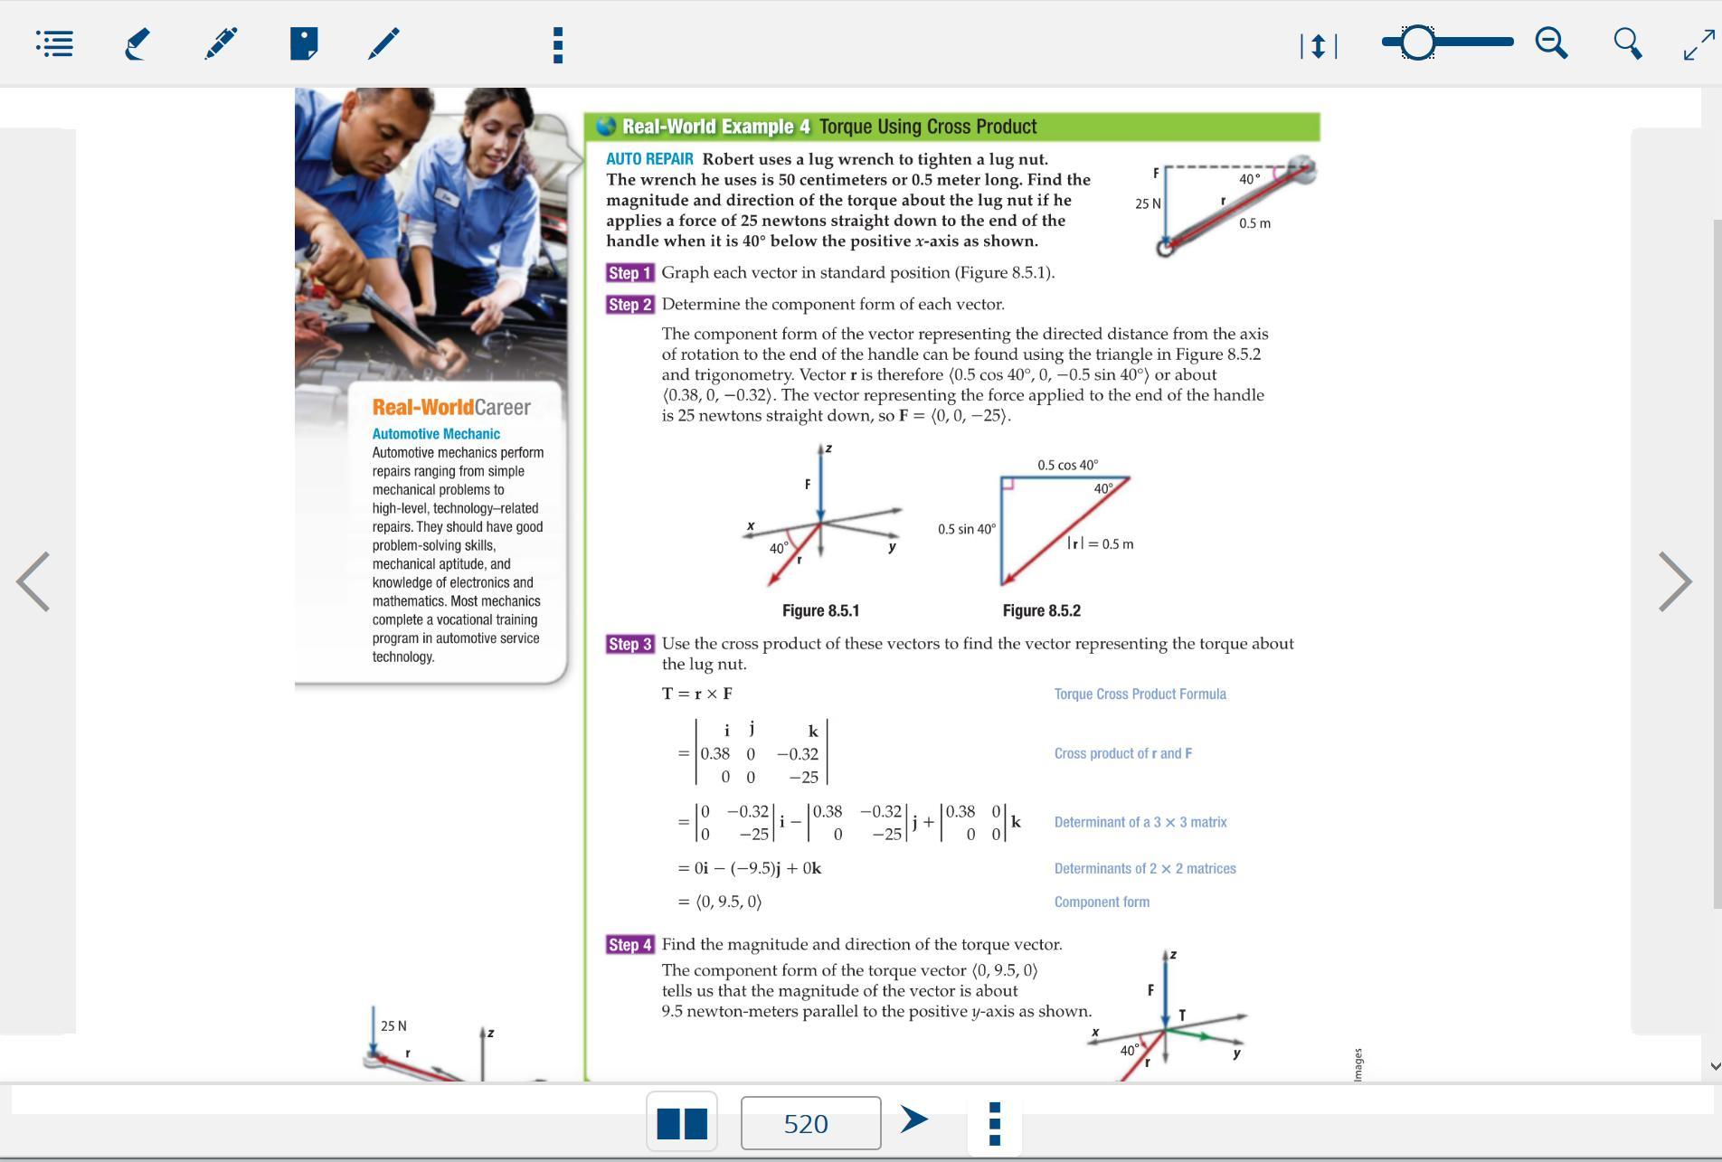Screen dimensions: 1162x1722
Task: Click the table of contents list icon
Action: (x=55, y=43)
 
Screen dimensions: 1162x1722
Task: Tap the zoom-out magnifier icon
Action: (x=1551, y=43)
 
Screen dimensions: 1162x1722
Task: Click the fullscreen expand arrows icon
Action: (x=1698, y=43)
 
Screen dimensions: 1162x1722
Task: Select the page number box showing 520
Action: (x=809, y=1123)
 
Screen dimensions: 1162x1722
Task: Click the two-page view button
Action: (x=682, y=1122)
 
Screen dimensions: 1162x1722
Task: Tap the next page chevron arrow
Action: (x=1674, y=581)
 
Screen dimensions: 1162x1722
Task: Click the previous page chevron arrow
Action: (x=33, y=581)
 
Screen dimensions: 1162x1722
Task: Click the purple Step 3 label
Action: (x=629, y=645)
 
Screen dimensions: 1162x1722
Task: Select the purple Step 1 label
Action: (x=629, y=273)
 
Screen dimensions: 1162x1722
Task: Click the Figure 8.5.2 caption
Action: (x=1041, y=611)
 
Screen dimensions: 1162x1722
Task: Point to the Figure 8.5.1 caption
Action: (x=820, y=611)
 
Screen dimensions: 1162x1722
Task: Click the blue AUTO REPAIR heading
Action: (x=649, y=159)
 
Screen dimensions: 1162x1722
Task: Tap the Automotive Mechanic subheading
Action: (x=436, y=434)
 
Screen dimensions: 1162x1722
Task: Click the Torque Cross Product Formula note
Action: (x=1140, y=694)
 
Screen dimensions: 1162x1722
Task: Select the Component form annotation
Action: (x=1102, y=902)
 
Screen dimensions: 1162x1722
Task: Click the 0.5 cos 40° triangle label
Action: (x=1067, y=465)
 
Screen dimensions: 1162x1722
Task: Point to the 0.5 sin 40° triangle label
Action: (x=966, y=529)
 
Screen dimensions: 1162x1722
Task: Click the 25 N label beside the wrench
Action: (x=1148, y=204)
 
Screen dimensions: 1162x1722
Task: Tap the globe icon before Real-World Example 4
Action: (x=606, y=127)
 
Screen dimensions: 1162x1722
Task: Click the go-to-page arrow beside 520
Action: (x=914, y=1119)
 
